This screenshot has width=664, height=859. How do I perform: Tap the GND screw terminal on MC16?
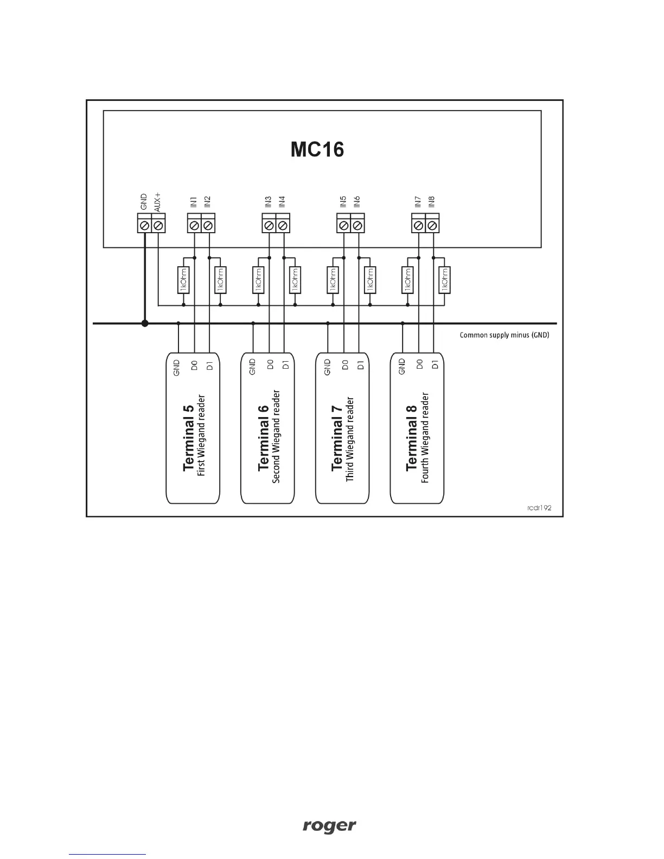pyautogui.click(x=144, y=224)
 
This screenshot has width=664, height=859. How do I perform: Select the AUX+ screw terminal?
pyautogui.click(x=158, y=224)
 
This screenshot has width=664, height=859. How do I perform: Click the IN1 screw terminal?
pyautogui.click(x=194, y=224)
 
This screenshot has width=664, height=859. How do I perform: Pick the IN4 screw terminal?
pyautogui.click(x=283, y=224)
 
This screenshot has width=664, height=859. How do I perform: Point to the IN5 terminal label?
pyautogui.click(x=343, y=202)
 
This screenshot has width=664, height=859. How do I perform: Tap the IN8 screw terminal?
pyautogui.click(x=432, y=224)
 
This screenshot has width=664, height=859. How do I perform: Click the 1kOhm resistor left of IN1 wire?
pyautogui.click(x=183, y=280)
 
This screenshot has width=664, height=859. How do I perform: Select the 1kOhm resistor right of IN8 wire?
pyautogui.click(x=445, y=280)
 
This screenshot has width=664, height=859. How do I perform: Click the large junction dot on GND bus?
pyautogui.click(x=145, y=323)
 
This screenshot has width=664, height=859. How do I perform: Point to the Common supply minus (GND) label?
pyautogui.click(x=505, y=335)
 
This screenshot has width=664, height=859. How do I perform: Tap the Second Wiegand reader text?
pyautogui.click(x=277, y=436)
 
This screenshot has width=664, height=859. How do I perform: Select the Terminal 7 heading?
pyautogui.click(x=337, y=438)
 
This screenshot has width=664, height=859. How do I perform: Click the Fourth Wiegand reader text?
pyautogui.click(x=426, y=438)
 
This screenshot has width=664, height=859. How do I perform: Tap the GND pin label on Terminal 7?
pyautogui.click(x=327, y=367)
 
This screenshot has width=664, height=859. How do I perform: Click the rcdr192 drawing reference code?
pyautogui.click(x=539, y=509)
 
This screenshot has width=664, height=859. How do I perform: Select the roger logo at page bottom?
pyautogui.click(x=329, y=826)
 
